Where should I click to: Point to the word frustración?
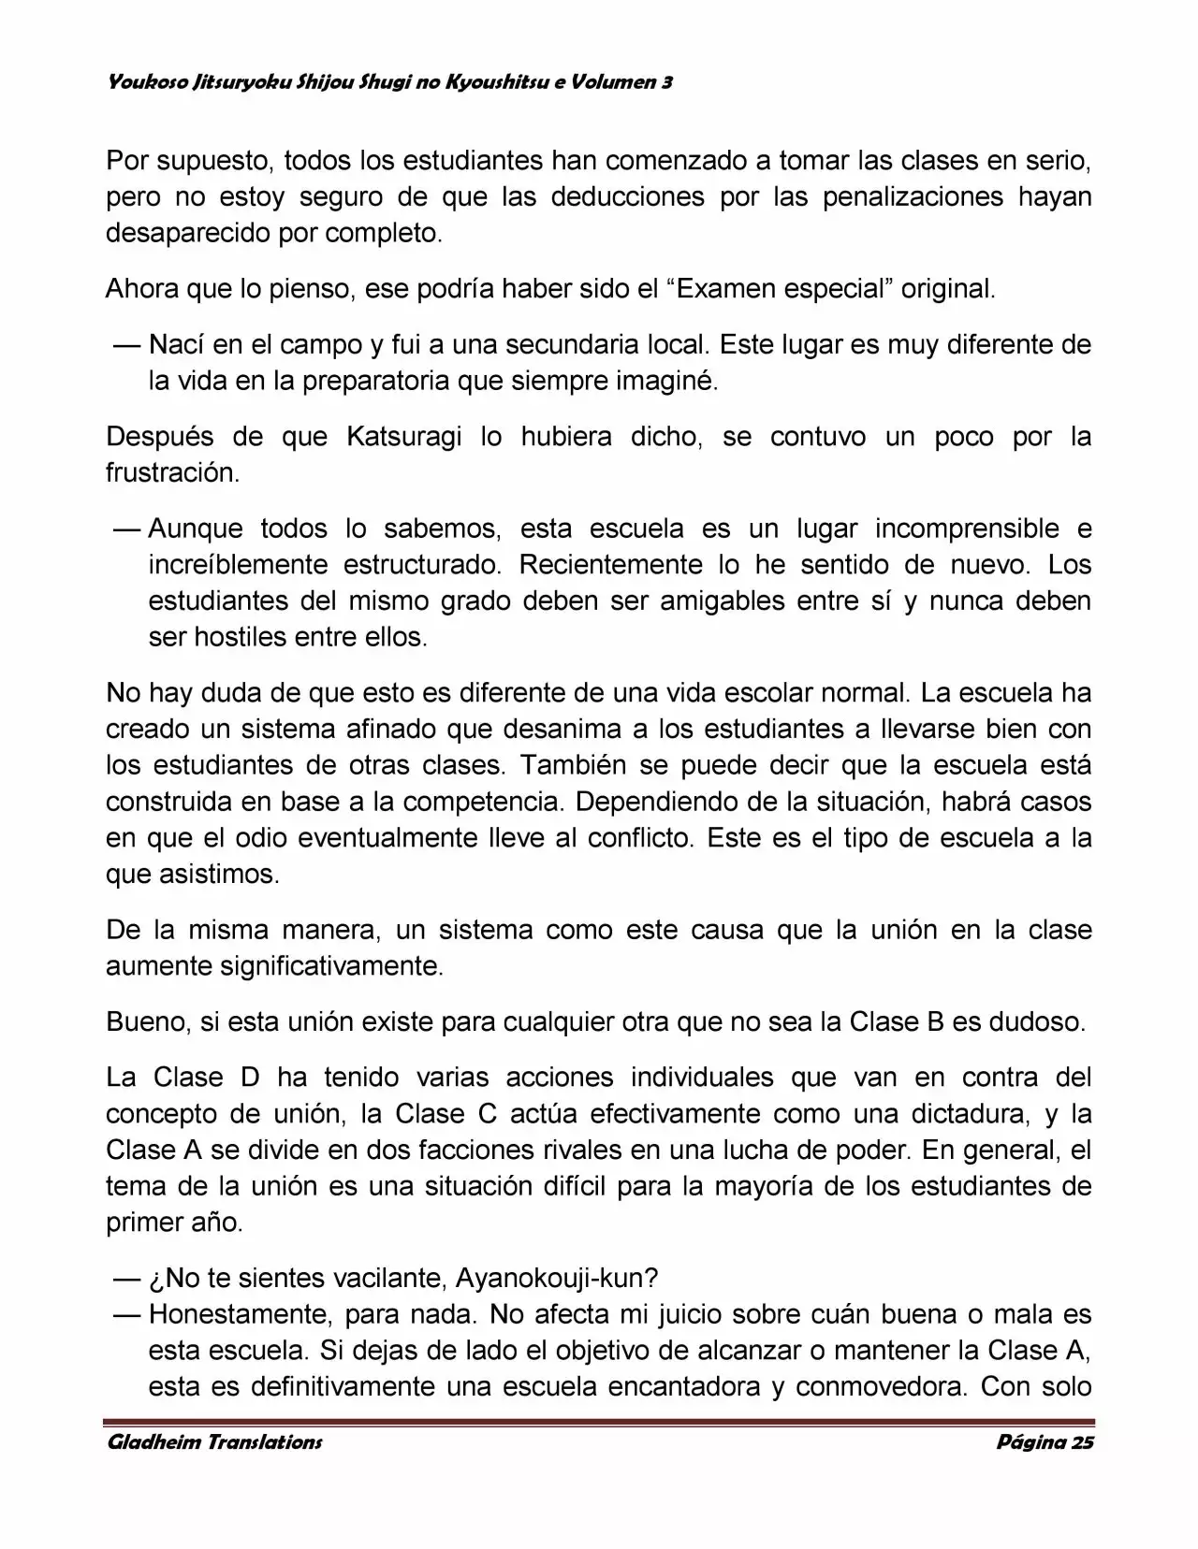[x=172, y=473]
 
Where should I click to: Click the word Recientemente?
[x=610, y=565]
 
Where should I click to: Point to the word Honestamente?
[x=239, y=1314]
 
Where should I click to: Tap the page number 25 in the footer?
[x=1082, y=1441]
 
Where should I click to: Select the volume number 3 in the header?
[x=666, y=83]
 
